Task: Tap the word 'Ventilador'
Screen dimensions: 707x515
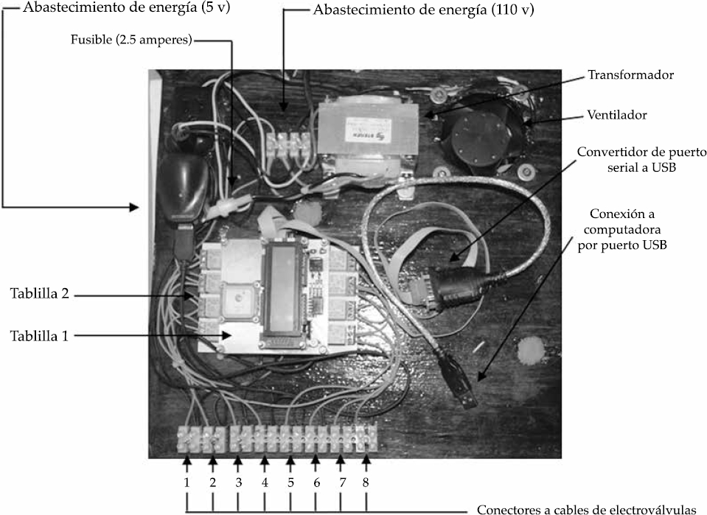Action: (x=618, y=116)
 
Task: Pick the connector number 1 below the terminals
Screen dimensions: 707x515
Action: (x=187, y=483)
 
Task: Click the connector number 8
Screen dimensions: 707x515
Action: (x=366, y=483)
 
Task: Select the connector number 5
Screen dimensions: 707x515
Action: (x=290, y=483)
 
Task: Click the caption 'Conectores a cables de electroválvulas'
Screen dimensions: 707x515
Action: (x=586, y=509)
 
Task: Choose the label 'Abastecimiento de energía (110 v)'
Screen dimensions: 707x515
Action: (x=423, y=11)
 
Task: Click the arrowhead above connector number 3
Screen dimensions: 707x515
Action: (x=237, y=462)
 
